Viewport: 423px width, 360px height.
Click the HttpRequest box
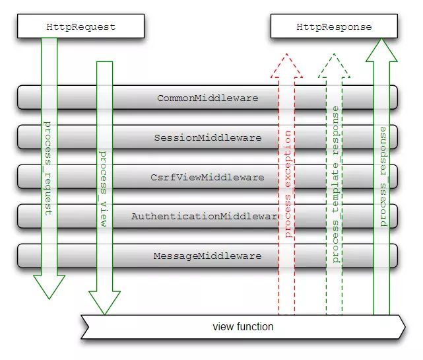[81, 26]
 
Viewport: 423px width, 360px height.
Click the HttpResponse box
[334, 26]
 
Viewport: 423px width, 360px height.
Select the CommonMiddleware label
[207, 98]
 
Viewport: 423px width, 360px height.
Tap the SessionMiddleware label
[208, 137]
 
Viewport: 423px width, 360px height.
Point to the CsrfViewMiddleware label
[207, 177]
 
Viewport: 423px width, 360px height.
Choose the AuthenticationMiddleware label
[207, 216]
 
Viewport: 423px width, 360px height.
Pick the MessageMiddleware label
[207, 256]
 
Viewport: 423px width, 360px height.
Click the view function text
[243, 326]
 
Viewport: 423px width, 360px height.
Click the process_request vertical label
[48, 168]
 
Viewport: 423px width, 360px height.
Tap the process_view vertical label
[104, 189]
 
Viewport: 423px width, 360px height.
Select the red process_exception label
[288, 184]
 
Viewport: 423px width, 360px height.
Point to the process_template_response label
[335, 184]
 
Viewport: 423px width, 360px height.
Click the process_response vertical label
[383, 176]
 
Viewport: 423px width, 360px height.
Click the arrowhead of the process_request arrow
[49, 287]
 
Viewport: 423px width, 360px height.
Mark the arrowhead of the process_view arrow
[104, 303]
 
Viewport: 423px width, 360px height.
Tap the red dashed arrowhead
[286, 65]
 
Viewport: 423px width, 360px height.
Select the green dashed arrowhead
[334, 65]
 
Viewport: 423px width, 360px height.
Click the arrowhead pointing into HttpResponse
[381, 50]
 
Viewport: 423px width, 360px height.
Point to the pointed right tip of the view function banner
[405, 327]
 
